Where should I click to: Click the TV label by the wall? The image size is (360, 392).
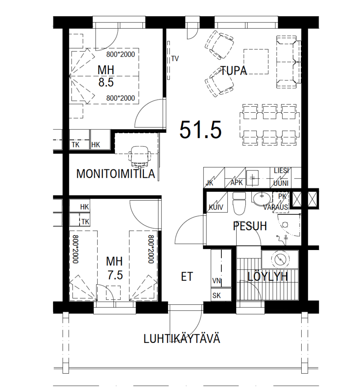(175, 59)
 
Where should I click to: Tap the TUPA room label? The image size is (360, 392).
(234, 70)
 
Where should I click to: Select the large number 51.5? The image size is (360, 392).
(201, 129)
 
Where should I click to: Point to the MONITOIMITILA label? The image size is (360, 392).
(115, 174)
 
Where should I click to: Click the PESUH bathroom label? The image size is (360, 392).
(250, 226)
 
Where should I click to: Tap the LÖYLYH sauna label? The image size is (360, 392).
(267, 276)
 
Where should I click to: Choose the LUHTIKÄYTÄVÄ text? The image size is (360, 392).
(182, 339)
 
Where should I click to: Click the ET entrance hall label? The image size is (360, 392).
(187, 277)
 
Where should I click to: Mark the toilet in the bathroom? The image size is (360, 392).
(239, 203)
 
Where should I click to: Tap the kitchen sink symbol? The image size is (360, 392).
(252, 178)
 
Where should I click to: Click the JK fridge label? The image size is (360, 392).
(209, 183)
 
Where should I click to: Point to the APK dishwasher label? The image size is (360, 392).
(237, 183)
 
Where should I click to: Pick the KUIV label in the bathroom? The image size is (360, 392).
(216, 207)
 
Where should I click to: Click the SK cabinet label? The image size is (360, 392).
(217, 295)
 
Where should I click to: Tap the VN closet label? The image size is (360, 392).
(217, 281)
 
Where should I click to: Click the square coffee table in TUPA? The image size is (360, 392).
(256, 62)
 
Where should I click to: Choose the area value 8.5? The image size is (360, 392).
(106, 82)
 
